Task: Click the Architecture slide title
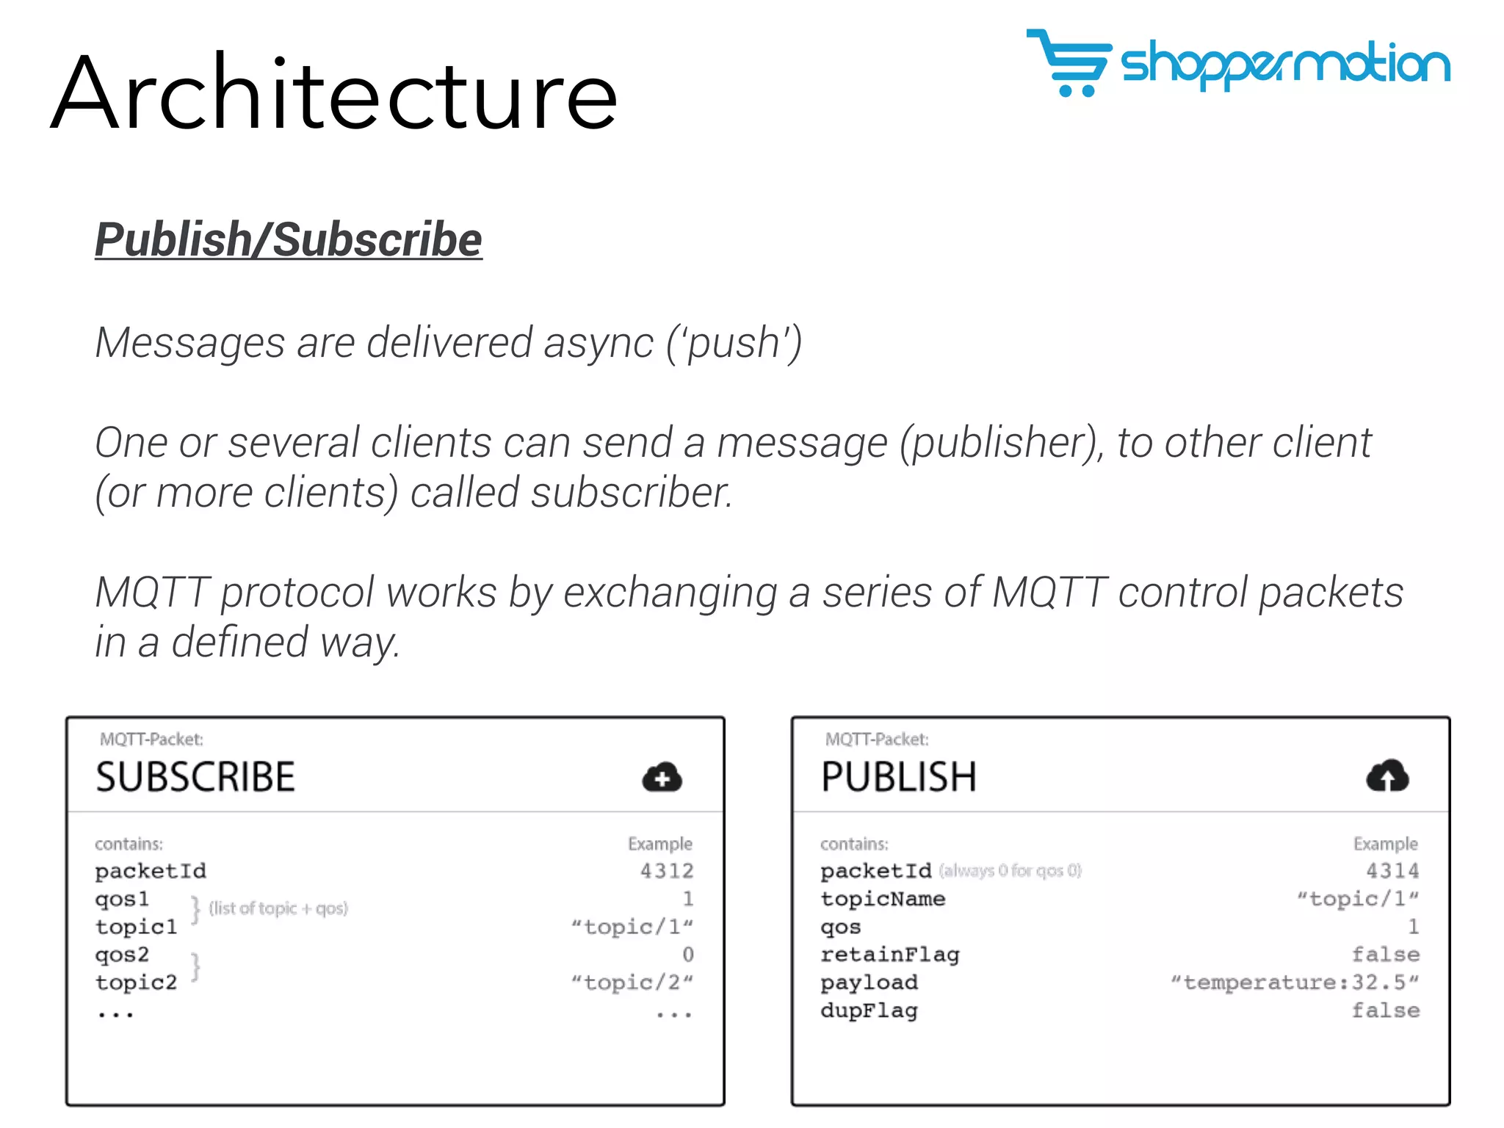tap(334, 93)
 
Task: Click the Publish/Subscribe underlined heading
tap(289, 239)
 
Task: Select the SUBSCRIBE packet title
tap(195, 777)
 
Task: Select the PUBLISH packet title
tap(899, 777)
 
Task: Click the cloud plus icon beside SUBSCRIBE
tap(662, 777)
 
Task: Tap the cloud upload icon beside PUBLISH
tap(1387, 775)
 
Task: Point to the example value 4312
tap(667, 871)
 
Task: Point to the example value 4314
tap(1392, 871)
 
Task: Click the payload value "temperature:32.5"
tap(1294, 983)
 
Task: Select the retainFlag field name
tap(890, 955)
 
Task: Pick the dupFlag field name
tap(869, 1011)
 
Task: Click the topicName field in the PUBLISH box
tap(883, 899)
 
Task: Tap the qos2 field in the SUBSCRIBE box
tap(122, 955)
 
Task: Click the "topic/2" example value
tap(632, 983)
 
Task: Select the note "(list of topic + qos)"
tap(278, 908)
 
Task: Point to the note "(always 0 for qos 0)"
tap(1010, 871)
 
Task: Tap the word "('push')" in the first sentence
tap(734, 343)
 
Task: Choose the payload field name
tap(869, 983)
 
